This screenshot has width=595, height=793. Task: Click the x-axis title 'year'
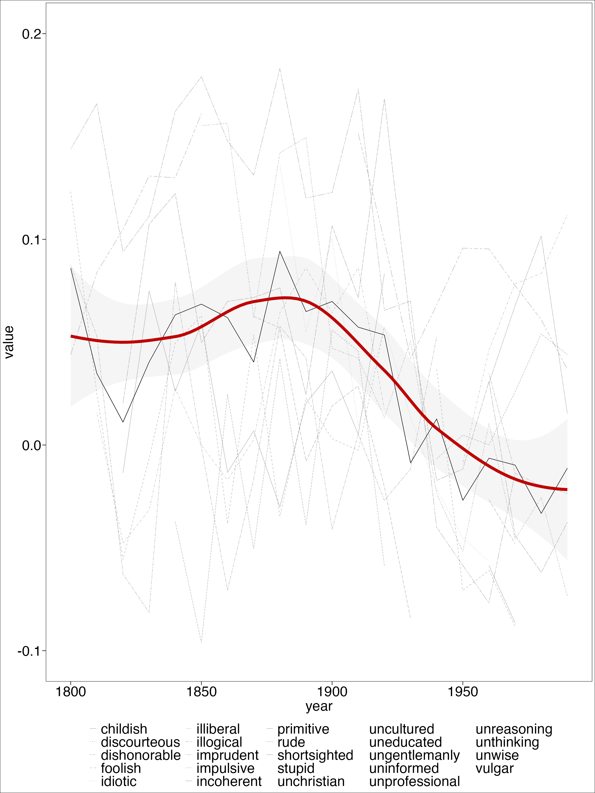coord(319,706)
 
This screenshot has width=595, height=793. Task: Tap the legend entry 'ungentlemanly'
coord(414,755)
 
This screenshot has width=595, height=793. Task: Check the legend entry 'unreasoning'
coord(514,729)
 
